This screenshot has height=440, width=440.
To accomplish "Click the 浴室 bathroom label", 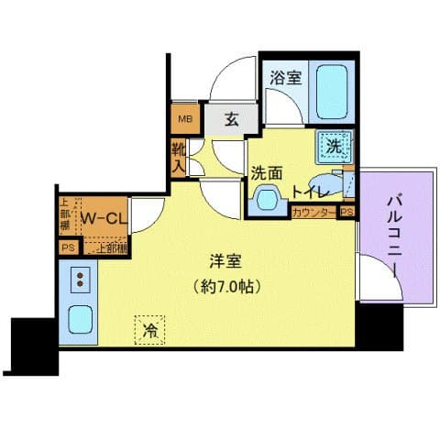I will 283,79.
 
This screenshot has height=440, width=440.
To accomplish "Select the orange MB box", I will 184,118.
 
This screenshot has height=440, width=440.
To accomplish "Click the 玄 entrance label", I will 233,118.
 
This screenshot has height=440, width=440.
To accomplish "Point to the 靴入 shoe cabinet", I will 178,157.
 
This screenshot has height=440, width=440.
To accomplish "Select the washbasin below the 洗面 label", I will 269,197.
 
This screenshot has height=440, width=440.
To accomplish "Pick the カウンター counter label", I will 313,212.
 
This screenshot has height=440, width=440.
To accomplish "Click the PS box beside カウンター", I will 346,212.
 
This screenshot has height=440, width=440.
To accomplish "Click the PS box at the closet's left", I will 67,247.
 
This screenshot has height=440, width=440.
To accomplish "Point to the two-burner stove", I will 78,279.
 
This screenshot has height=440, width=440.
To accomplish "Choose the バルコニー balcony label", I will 395,233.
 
